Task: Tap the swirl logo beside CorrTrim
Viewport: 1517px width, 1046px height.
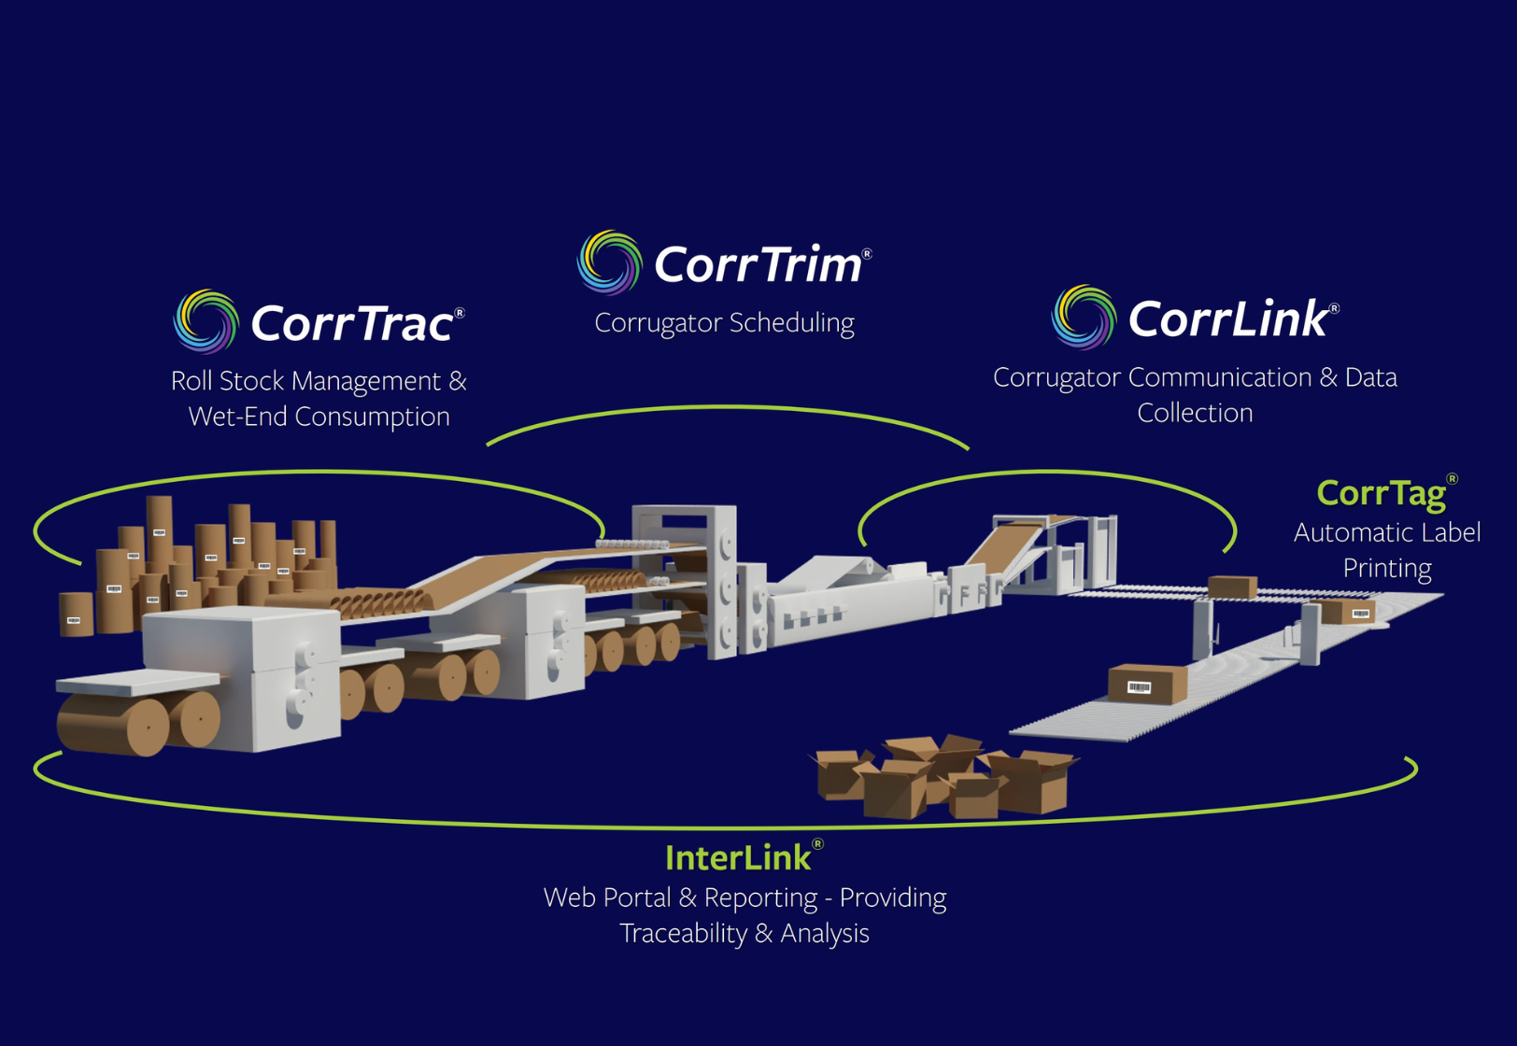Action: pos(610,262)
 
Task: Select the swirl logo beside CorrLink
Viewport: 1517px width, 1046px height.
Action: pos(1084,317)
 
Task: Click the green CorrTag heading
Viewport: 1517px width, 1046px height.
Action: pos(1381,493)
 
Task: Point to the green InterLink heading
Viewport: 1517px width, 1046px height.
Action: pos(738,857)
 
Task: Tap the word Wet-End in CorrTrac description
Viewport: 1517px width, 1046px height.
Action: pos(238,417)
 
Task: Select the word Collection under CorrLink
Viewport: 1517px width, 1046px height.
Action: pos(1195,413)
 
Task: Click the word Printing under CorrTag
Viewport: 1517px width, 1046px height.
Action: pos(1387,568)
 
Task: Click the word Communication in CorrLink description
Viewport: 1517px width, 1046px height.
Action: pos(1220,377)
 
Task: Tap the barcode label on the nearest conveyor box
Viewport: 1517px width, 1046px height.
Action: pos(1139,687)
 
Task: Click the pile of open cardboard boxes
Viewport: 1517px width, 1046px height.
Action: pos(943,777)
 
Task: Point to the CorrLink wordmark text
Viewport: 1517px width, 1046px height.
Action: pos(1227,319)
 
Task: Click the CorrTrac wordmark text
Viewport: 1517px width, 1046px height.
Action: pos(352,324)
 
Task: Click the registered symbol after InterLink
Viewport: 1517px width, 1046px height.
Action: pos(817,844)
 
